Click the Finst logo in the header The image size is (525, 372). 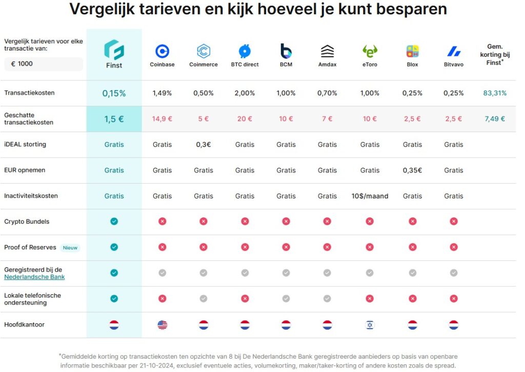114,50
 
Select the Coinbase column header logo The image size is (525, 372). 162,51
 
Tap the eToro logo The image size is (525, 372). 370,51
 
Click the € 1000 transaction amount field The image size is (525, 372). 43,64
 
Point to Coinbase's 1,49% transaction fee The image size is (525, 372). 162,93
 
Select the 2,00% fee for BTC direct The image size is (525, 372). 245,93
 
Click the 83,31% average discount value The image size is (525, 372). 495,93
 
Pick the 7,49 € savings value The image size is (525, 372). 495,119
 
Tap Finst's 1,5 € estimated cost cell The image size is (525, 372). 114,119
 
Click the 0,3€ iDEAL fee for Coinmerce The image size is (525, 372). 204,145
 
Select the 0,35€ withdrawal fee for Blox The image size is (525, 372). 412,170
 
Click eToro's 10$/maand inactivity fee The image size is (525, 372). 370,196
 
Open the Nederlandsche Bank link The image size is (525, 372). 34,277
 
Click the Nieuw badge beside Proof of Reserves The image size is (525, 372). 70,248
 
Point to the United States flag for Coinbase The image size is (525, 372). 162,325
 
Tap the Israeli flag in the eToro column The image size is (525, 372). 370,325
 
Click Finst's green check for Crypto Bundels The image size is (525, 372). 114,222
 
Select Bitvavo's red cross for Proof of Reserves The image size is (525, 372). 453,247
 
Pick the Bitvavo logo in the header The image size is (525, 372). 453,51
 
